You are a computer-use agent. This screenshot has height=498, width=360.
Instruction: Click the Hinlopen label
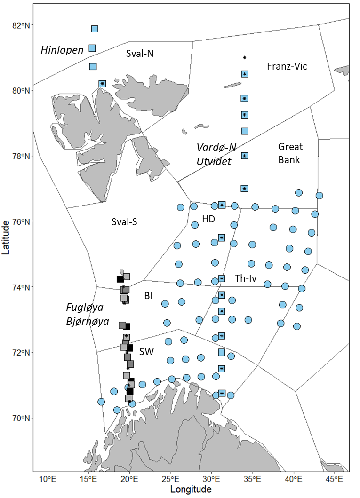click(x=61, y=49)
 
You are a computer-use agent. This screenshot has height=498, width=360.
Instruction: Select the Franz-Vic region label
click(x=287, y=66)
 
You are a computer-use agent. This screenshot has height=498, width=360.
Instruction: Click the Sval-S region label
click(x=124, y=222)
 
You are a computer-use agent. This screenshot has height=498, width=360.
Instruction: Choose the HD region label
click(x=208, y=219)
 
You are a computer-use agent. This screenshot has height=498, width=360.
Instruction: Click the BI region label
click(x=148, y=296)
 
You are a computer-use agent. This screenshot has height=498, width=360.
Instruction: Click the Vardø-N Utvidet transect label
click(x=216, y=154)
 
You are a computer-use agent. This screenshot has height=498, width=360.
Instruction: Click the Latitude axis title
click(x=6, y=237)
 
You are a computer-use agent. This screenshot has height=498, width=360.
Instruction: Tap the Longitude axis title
click(x=191, y=490)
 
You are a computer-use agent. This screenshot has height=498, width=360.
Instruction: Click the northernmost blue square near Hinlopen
click(x=94, y=29)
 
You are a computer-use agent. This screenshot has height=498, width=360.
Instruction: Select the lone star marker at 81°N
click(x=245, y=57)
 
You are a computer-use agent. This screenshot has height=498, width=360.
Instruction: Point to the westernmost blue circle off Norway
click(x=101, y=402)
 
